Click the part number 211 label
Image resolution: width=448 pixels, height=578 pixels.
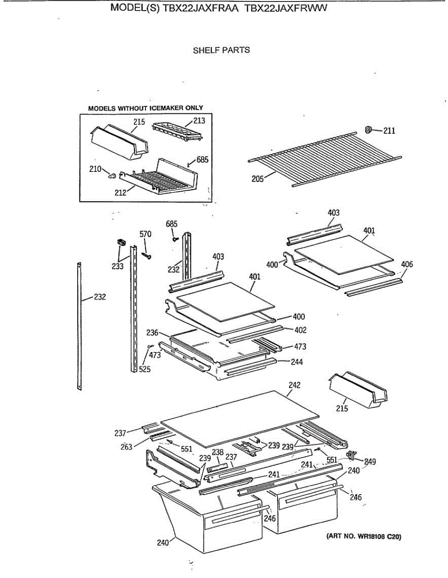pos(389,131)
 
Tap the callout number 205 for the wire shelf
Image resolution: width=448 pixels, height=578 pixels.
pos(257,179)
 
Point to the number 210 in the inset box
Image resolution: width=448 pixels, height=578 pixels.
pos(95,169)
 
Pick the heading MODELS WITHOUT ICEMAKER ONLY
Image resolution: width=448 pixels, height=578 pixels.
pos(145,108)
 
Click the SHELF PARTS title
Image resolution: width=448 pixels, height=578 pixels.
pos(221,50)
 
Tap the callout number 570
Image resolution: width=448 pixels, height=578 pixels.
pos(145,234)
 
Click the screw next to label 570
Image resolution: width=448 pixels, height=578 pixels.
pos(147,256)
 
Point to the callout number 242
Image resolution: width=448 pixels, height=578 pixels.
pos(294,385)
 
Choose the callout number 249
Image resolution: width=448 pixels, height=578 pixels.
pos(370,461)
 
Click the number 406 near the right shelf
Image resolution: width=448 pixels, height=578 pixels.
pos(407,264)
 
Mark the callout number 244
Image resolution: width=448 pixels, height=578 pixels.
pos(297,361)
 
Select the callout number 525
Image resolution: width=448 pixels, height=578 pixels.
pos(145,369)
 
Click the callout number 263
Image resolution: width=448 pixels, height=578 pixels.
pos(126,447)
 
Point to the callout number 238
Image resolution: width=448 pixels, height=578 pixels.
pos(218,452)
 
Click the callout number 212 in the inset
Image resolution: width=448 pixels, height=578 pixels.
pos(120,192)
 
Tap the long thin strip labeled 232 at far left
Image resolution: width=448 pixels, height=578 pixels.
pos(79,328)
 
